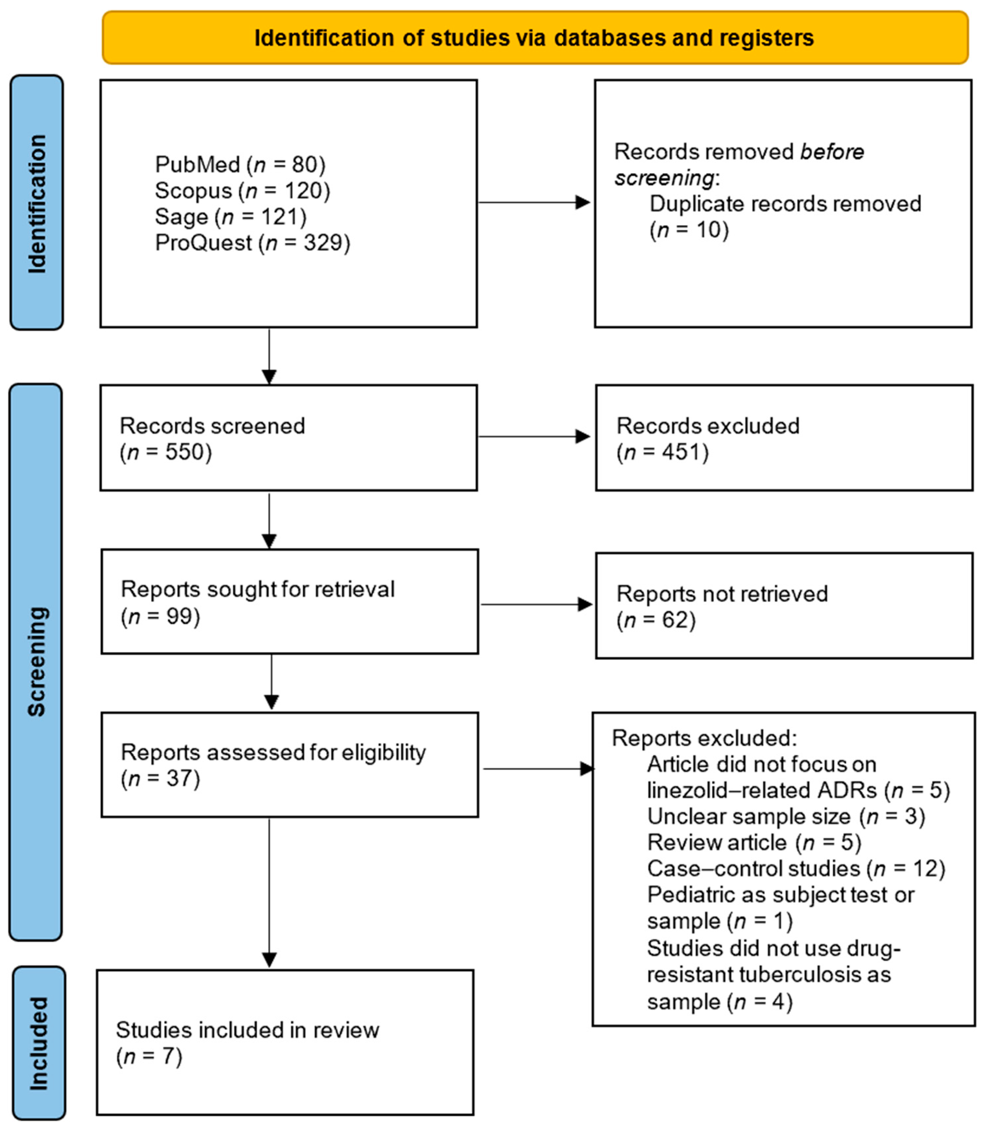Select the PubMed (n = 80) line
240,164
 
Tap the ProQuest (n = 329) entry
252,243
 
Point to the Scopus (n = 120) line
243,191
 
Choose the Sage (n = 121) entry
230,217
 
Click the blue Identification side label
37,203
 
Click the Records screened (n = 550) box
289,438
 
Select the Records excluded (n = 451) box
784,438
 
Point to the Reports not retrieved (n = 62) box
784,606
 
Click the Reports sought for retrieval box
290,601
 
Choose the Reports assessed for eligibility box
290,764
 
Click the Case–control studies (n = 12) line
796,869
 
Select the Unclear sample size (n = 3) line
786,816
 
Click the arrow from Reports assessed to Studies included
269,894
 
